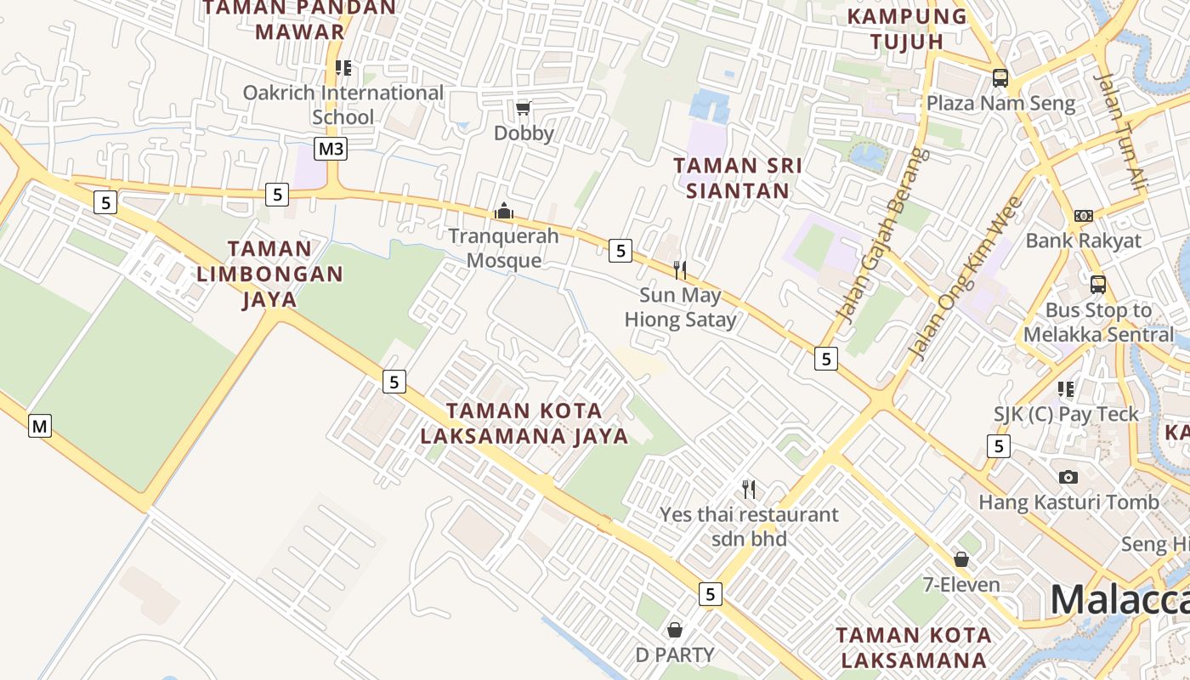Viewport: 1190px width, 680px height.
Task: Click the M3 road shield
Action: pyautogui.click(x=331, y=150)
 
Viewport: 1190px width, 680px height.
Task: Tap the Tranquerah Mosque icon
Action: pyautogui.click(x=504, y=210)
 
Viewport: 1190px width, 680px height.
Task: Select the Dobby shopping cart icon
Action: pyautogui.click(x=524, y=108)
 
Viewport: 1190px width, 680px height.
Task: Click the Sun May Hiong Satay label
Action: pyautogui.click(x=680, y=308)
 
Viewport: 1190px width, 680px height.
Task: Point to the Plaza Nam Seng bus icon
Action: pyautogui.click(x=1000, y=78)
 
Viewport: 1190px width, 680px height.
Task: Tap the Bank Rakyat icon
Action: pyautogui.click(x=1083, y=216)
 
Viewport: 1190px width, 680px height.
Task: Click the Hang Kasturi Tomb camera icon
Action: pyautogui.click(x=1068, y=477)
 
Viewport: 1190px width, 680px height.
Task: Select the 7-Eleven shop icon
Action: pyautogui.click(x=961, y=559)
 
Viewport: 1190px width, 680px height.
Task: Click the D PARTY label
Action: pyautogui.click(x=675, y=654)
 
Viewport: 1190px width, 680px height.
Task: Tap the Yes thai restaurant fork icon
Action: pyautogui.click(x=749, y=489)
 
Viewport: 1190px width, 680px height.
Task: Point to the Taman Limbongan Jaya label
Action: pyautogui.click(x=269, y=274)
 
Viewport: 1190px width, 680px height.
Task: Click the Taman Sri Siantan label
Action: pyautogui.click(x=738, y=178)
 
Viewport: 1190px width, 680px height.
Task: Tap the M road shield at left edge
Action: pyautogui.click(x=40, y=425)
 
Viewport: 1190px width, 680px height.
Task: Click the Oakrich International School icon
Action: pyautogui.click(x=343, y=67)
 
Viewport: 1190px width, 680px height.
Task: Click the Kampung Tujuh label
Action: pyautogui.click(x=908, y=28)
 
